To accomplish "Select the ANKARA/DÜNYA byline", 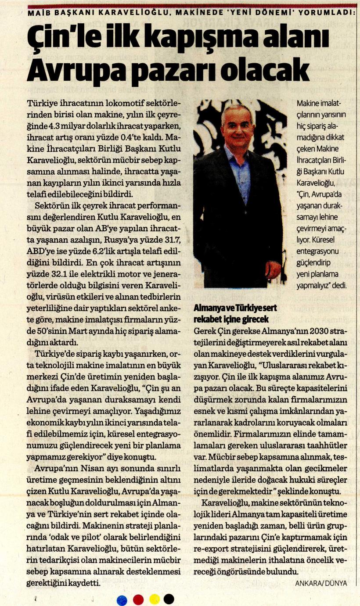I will pos(321,583).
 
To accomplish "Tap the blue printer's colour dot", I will pos(122,599).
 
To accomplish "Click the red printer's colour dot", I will pos(138,599).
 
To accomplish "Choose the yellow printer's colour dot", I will pos(155,599).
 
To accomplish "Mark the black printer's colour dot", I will pos(169,599).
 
